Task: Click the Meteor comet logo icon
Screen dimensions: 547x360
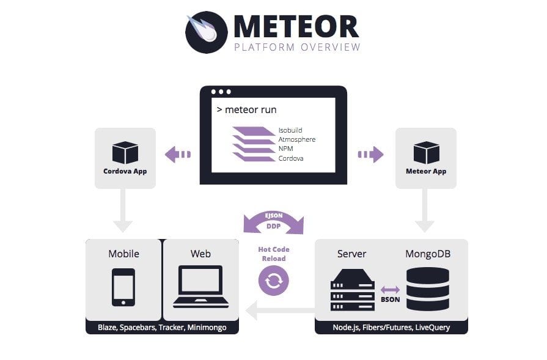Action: [206, 32]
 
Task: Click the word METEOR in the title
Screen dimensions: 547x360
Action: [296, 26]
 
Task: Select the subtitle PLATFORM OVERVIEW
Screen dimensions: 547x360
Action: [297, 47]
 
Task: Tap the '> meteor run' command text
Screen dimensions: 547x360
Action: [247, 109]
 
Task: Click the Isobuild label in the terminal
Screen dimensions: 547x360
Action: [290, 130]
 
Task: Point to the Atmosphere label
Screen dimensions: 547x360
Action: [297, 139]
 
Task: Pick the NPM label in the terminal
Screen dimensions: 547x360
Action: [285, 149]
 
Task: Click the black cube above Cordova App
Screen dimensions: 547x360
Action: [125, 152]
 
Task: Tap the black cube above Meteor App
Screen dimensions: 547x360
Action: [427, 152]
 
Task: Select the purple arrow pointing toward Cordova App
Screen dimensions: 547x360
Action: [178, 154]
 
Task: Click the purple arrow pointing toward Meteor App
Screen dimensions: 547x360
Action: [371, 154]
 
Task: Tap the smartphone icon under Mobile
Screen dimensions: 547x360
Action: [123, 287]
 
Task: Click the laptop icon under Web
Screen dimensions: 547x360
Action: [200, 287]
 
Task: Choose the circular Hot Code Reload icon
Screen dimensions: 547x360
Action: [274, 281]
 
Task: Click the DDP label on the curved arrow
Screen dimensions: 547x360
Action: [274, 226]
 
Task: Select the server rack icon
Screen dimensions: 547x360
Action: [353, 290]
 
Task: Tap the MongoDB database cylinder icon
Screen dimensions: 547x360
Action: [428, 289]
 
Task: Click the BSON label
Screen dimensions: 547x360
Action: [391, 299]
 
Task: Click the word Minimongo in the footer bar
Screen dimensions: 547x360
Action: [207, 328]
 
